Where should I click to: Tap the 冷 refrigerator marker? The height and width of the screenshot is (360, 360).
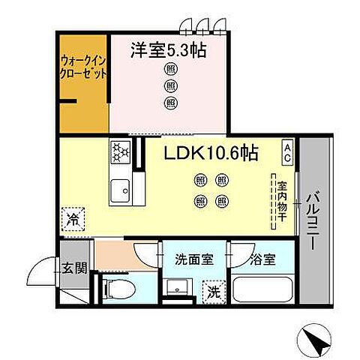coord(73,220)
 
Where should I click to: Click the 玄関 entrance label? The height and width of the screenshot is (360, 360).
coord(73,266)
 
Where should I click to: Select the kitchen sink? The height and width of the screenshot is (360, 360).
coord(121,191)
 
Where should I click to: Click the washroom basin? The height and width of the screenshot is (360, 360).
coord(178,288)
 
